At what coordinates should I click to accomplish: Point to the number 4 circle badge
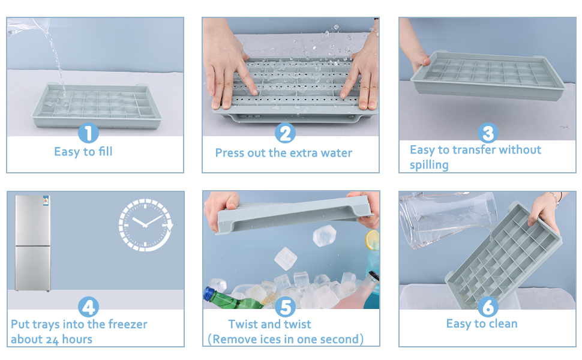(89, 308)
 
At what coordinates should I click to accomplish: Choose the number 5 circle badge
(286, 308)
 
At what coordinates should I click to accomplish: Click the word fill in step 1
(104, 152)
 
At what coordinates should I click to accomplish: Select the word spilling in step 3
(429, 165)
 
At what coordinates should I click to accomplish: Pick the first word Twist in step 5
(243, 325)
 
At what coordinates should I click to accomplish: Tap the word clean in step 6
(503, 324)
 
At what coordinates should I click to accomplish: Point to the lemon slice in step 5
(372, 239)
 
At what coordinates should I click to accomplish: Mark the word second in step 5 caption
(338, 340)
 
